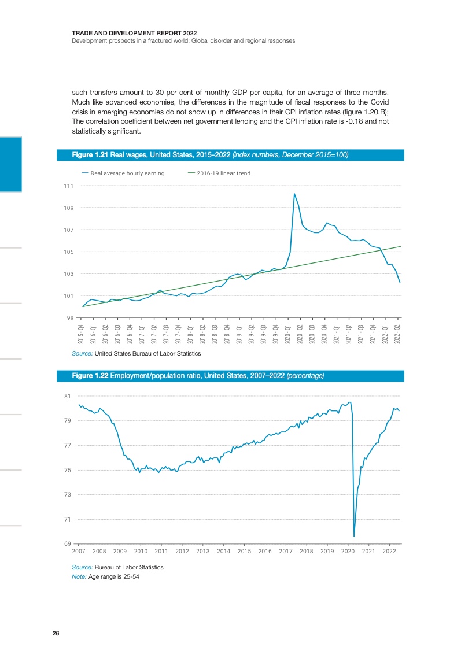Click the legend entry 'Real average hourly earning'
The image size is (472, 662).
127,173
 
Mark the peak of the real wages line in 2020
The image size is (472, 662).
294,194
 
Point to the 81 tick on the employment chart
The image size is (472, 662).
67,396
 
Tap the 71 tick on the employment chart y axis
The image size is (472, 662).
67,519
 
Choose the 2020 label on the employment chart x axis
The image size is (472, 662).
348,551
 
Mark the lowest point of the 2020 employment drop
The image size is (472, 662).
354,536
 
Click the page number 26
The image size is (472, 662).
56,633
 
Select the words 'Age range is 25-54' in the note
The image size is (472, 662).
114,576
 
